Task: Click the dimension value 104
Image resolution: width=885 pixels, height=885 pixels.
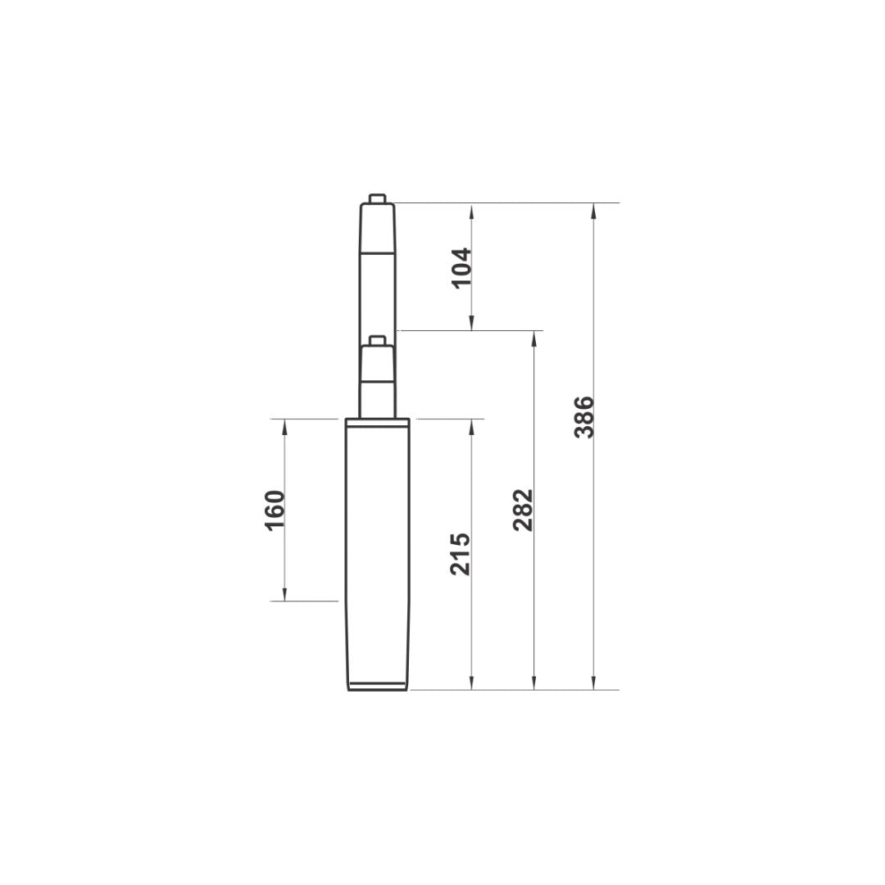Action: (x=462, y=267)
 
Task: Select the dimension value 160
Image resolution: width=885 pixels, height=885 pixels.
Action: (x=275, y=510)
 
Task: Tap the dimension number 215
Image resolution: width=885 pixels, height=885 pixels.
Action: (x=461, y=554)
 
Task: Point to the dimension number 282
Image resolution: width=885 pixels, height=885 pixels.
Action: (x=524, y=510)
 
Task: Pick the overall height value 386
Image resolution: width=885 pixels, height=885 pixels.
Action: (x=585, y=417)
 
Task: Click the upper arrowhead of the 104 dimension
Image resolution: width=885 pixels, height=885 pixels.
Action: (x=472, y=211)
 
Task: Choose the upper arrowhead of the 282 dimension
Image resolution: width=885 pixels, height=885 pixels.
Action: (x=534, y=338)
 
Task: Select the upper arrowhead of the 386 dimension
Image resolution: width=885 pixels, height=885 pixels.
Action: (x=594, y=211)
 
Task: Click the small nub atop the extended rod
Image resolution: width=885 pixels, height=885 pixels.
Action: (x=377, y=198)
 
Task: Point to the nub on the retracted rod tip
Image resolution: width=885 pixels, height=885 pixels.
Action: (x=377, y=340)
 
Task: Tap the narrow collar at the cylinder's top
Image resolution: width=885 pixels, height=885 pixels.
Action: (x=377, y=423)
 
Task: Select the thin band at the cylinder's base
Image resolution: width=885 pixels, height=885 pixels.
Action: (x=377, y=686)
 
